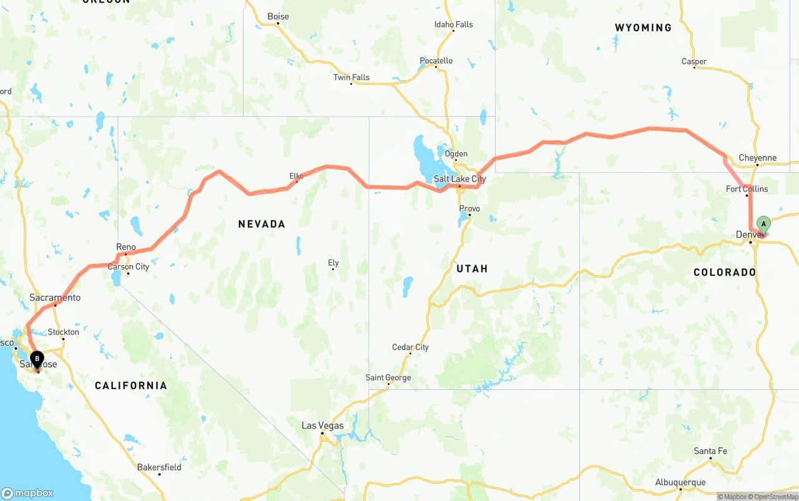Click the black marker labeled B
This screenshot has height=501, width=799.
tap(37, 359)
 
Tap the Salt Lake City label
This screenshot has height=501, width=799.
tap(459, 179)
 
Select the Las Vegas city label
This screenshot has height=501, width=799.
tap(322, 426)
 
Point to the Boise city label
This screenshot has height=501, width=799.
tap(278, 16)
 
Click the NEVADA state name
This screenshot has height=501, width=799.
tap(262, 224)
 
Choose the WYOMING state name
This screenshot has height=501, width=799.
tap(643, 27)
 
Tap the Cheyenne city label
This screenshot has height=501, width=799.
tap(757, 158)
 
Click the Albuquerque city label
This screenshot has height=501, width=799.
tap(680, 482)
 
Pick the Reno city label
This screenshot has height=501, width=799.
tap(125, 247)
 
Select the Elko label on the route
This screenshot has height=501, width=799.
tap(296, 176)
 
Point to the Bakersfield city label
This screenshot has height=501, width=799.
tap(159, 467)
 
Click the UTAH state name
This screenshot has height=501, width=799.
tap(472, 268)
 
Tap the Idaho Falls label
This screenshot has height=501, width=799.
tap(454, 24)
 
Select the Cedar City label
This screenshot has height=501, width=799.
tap(410, 347)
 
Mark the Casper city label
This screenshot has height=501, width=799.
tap(694, 61)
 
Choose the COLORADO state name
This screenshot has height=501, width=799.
tap(725, 272)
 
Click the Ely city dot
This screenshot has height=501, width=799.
tap(333, 269)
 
